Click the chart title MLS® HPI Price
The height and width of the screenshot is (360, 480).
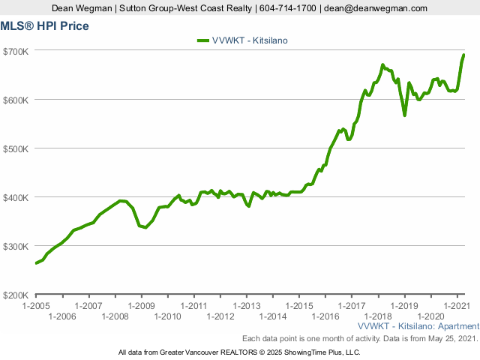click(46, 26)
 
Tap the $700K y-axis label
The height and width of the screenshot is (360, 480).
click(16, 51)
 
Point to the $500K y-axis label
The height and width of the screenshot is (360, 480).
click(16, 148)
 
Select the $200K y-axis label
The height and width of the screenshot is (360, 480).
click(16, 295)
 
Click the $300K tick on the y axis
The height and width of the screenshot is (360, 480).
click(16, 246)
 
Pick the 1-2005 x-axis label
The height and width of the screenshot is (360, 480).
click(36, 306)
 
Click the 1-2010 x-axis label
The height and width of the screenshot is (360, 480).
click(167, 316)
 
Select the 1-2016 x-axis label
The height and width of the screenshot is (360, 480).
click(325, 316)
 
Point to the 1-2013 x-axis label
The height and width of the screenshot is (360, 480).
click(246, 306)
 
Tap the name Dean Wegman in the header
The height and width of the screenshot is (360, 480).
click(82, 8)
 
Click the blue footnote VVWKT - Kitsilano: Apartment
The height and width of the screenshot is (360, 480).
click(418, 327)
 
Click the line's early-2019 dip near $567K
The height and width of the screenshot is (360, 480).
click(405, 115)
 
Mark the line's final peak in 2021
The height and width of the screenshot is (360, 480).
click(463, 55)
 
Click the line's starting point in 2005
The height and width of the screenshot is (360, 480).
click(36, 263)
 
